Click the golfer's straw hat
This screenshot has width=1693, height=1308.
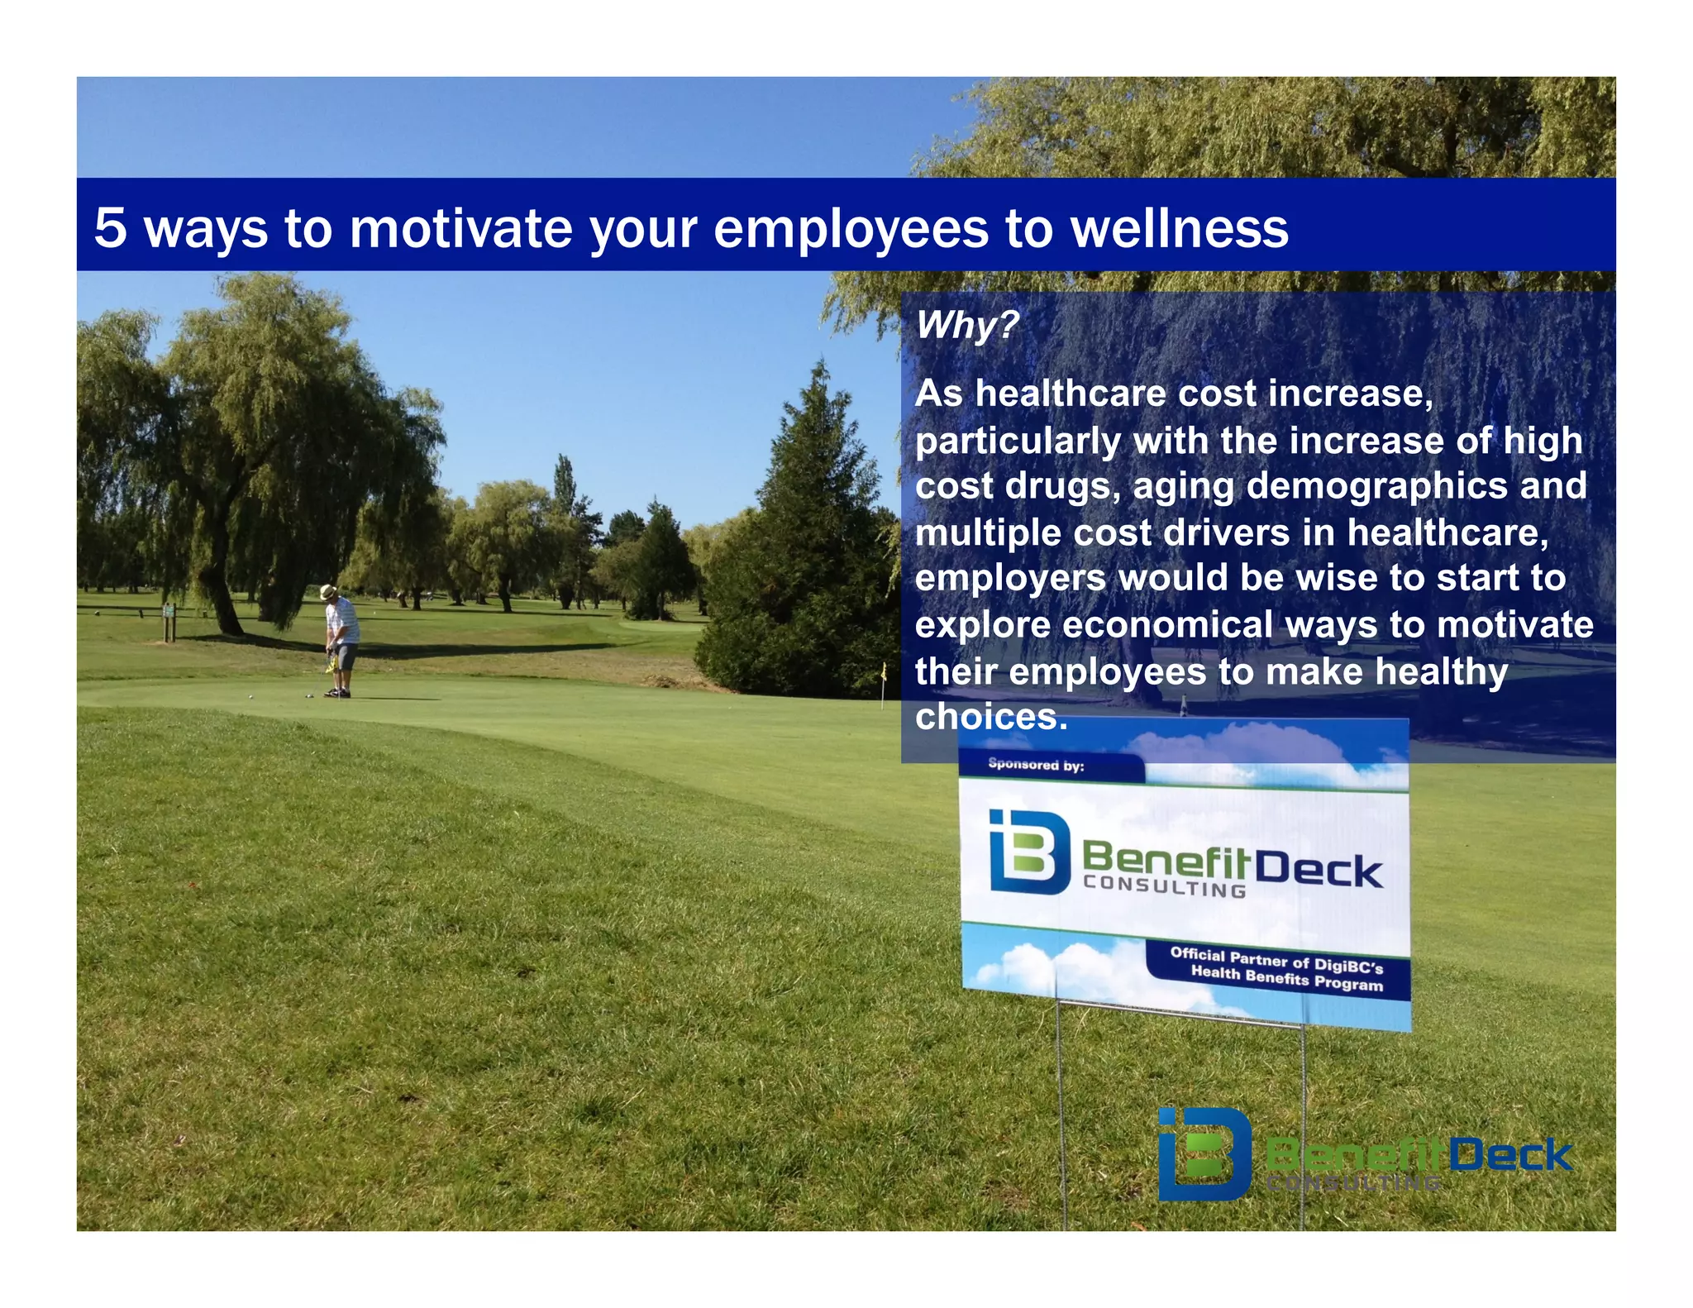click(x=328, y=592)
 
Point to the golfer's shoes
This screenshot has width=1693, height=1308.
click(x=337, y=693)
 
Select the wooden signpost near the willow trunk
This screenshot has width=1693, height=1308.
click(x=169, y=622)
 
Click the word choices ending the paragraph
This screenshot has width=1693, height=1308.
click(x=990, y=716)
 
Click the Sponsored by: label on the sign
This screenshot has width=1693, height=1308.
click(x=1036, y=765)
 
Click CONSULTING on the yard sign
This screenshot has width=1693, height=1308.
click(x=1164, y=886)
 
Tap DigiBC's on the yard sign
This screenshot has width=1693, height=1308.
click(x=1348, y=965)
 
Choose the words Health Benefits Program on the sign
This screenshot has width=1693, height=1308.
click(x=1286, y=979)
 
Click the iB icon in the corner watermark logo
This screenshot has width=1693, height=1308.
click(x=1204, y=1154)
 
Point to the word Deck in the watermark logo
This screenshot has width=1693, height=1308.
click(x=1509, y=1154)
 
